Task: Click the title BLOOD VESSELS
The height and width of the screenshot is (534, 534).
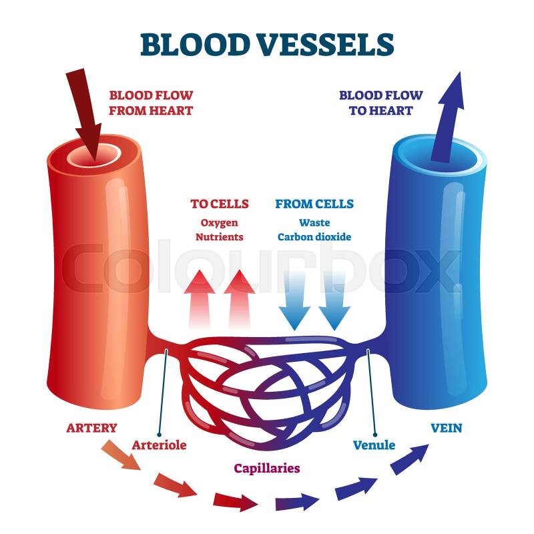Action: tap(267, 44)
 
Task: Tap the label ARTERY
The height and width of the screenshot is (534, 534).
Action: tap(91, 427)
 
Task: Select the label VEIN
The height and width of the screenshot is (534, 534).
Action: tap(447, 427)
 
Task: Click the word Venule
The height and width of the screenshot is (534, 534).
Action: tap(374, 445)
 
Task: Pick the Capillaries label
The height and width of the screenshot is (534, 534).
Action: tap(266, 468)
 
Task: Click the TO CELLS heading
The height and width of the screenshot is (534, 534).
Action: tap(220, 204)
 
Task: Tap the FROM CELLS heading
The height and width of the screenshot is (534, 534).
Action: tap(314, 204)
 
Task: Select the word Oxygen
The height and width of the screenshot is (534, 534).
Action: tap(220, 222)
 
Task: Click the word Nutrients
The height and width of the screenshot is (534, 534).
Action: tap(220, 236)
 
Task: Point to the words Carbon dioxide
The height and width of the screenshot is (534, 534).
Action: tap(314, 236)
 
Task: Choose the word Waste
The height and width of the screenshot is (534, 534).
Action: tap(314, 222)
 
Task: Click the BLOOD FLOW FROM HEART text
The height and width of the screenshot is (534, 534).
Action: tap(151, 103)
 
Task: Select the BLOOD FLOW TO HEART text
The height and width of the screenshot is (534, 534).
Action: tap(380, 103)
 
